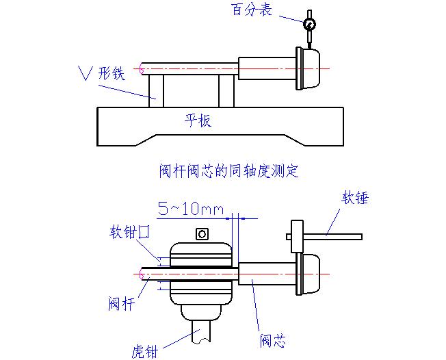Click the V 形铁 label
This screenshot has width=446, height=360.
pyautogui.click(x=103, y=72)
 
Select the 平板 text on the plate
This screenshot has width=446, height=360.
pyautogui.click(x=198, y=120)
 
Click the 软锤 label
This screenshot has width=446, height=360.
pyautogui.click(x=355, y=198)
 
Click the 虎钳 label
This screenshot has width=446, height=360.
pyautogui.click(x=145, y=351)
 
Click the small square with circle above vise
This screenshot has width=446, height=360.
pyautogui.click(x=202, y=234)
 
